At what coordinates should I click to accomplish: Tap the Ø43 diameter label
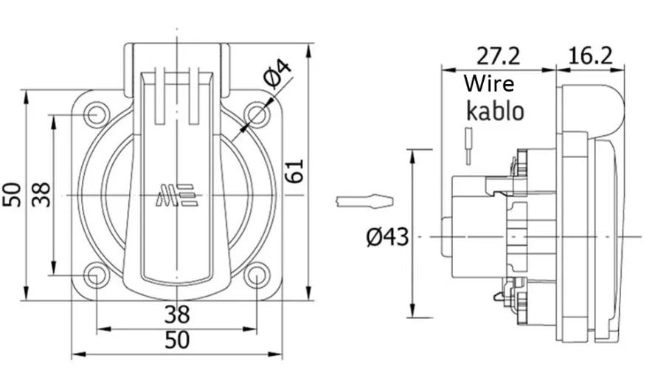387,237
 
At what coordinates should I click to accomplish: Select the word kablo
494,111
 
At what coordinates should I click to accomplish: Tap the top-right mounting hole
255,115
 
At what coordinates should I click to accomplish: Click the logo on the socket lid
176,196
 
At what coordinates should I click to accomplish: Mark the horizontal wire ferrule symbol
364,201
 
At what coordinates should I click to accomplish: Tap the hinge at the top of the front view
177,56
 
